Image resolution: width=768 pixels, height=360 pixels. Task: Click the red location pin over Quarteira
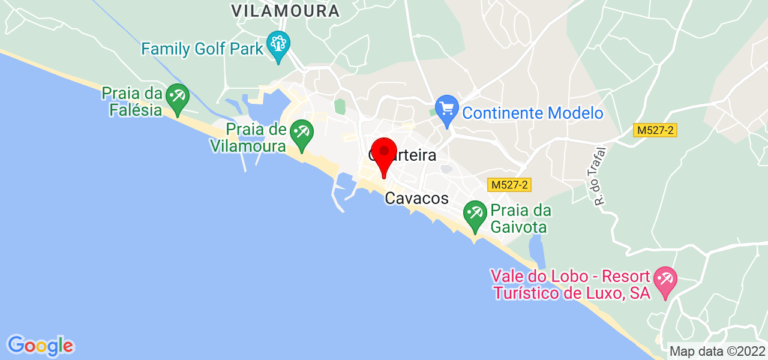tap(384, 153)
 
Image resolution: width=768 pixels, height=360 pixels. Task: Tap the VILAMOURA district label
tap(286, 10)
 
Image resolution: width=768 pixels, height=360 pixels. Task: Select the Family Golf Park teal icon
tap(278, 45)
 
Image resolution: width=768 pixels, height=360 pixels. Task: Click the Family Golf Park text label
tap(203, 48)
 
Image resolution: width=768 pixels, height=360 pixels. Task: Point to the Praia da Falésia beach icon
tap(177, 98)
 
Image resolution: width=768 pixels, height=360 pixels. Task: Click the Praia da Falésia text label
tap(133, 101)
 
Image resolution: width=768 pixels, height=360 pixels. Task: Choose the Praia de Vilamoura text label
tap(248, 137)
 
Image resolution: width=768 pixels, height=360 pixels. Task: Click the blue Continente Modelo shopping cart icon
tap(446, 110)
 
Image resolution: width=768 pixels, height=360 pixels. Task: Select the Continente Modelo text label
tap(532, 113)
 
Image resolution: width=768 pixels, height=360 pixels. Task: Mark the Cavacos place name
tap(417, 198)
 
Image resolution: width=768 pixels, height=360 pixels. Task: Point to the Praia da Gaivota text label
tap(520, 219)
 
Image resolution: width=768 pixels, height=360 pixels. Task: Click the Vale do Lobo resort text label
tap(570, 285)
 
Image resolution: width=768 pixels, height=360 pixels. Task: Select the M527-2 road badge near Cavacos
tap(509, 185)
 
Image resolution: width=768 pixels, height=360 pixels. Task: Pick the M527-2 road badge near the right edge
tap(655, 130)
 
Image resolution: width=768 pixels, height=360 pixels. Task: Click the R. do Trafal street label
tap(600, 177)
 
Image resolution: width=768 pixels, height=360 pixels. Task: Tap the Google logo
tap(40, 346)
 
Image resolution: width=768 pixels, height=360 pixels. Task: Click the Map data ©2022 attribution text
tap(717, 351)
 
